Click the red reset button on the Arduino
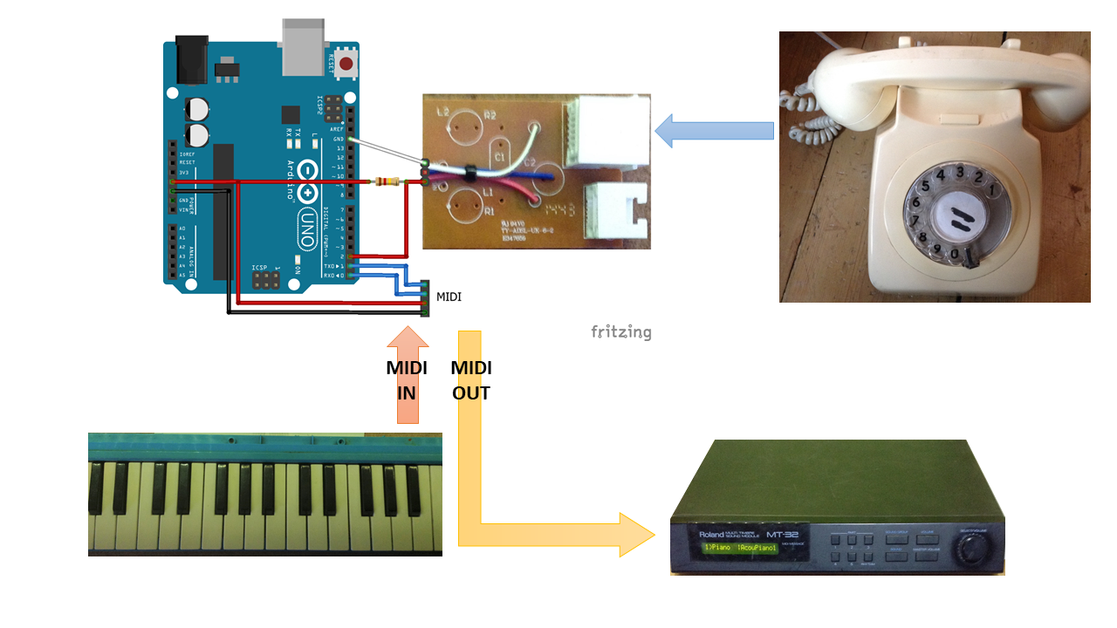pos(347,63)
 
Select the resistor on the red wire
pos(387,181)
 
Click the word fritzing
pos(620,331)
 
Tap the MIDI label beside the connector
pos(449,297)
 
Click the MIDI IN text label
pos(407,380)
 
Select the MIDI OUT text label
pos(470,380)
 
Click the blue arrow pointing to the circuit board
pos(713,131)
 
